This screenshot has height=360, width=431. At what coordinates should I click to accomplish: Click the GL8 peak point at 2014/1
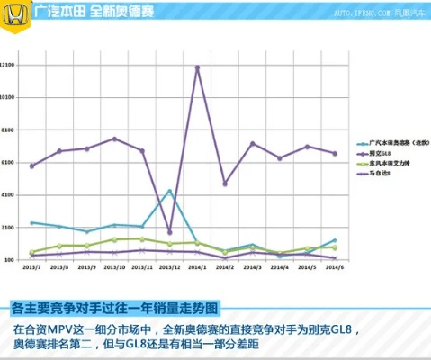(x=197, y=67)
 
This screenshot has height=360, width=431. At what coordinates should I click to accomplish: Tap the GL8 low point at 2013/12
(x=170, y=232)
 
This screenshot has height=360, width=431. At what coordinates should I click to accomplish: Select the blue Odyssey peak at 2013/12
(x=169, y=191)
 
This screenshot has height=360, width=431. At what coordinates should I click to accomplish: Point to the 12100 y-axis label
(x=7, y=65)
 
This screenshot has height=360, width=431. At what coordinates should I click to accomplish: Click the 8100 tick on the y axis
(x=9, y=130)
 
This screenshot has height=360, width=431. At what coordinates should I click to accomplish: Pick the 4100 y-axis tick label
(x=9, y=195)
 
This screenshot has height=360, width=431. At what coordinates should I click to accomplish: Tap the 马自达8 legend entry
(x=382, y=174)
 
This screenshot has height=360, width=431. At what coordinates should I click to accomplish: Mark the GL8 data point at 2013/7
(x=31, y=166)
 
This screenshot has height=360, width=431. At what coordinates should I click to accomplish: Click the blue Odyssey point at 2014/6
(x=334, y=241)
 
